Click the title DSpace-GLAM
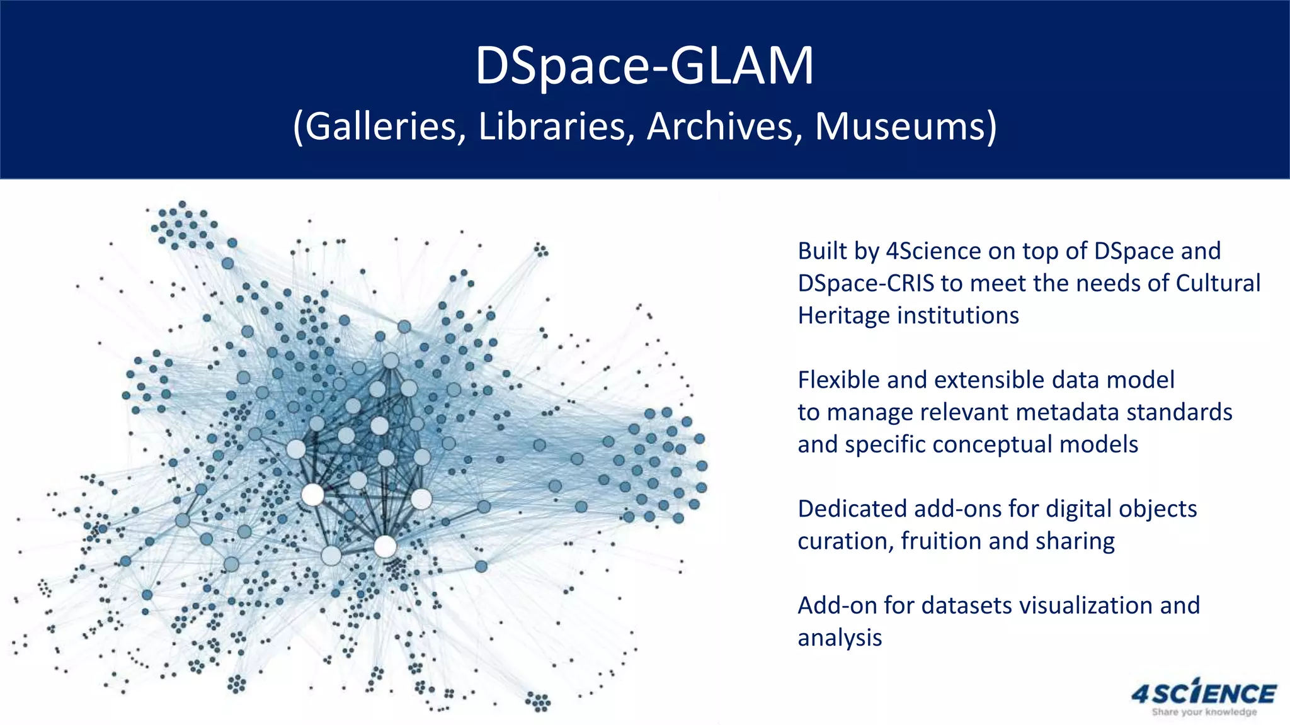coord(644,65)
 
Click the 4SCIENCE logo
coord(1204,694)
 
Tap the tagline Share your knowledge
coord(1204,712)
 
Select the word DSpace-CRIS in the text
coord(866,283)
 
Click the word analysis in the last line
coord(840,638)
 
